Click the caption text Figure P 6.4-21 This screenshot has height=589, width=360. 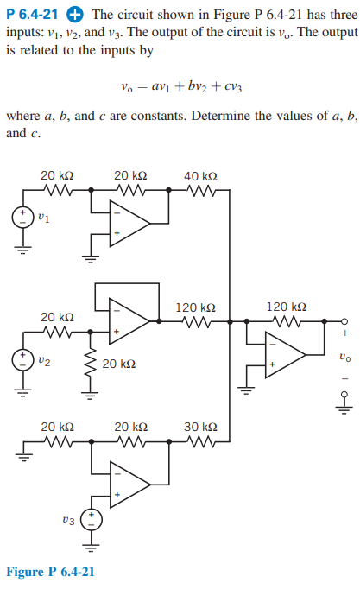click(50, 572)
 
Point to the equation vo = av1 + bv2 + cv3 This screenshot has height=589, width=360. click(182, 86)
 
